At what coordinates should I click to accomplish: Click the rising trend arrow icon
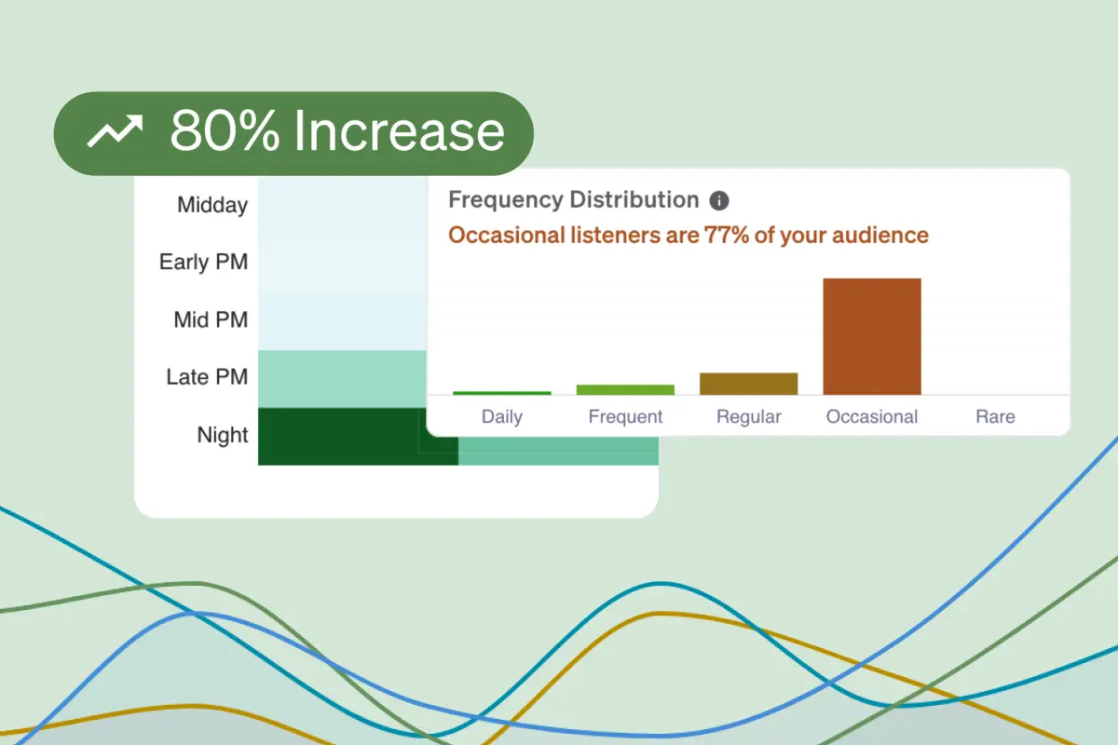pos(116,131)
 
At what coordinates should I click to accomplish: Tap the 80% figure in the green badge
pos(225,131)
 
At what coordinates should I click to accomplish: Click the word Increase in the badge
pos(400,131)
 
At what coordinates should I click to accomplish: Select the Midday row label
pos(212,205)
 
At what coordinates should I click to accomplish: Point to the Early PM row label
pos(204,262)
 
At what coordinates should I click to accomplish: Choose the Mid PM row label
pos(211,319)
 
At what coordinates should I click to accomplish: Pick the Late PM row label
pos(207,377)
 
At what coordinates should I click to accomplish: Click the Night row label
pos(223,435)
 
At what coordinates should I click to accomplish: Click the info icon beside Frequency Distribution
pos(719,200)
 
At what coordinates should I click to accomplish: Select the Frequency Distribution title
pos(574,199)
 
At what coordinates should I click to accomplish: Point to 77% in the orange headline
pos(726,235)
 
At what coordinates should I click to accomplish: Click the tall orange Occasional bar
pos(872,337)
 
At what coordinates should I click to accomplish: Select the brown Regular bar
pos(749,384)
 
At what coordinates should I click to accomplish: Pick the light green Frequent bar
pos(625,389)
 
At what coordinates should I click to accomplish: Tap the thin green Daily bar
pos(502,393)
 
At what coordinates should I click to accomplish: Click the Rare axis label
pos(995,416)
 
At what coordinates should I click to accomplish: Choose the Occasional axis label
pos(872,416)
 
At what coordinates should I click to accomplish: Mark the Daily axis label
pos(502,416)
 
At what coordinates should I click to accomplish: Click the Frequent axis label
pos(625,416)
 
